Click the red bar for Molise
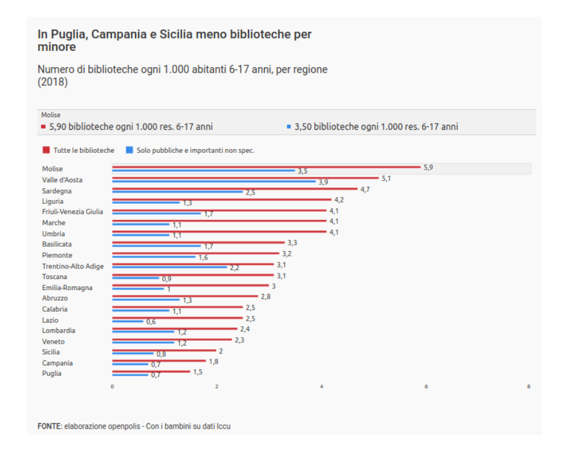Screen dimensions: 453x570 266,167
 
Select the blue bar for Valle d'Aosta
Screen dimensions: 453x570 213,181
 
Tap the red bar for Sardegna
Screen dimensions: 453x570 234,188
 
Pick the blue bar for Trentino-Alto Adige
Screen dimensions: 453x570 169,267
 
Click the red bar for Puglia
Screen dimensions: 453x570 151,372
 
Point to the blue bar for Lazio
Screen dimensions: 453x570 127,321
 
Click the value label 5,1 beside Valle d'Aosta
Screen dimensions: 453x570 386,178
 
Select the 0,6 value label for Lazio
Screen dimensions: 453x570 151,322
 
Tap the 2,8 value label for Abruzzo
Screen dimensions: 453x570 265,296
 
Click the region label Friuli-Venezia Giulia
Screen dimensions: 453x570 73,212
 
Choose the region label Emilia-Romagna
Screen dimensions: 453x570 67,288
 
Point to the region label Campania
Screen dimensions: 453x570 57,363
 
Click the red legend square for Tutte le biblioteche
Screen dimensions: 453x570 46,150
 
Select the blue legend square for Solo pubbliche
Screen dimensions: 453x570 129,150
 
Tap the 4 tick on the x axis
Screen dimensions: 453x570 321,387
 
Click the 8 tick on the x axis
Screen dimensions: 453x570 528,387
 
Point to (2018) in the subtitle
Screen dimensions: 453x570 53,82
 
